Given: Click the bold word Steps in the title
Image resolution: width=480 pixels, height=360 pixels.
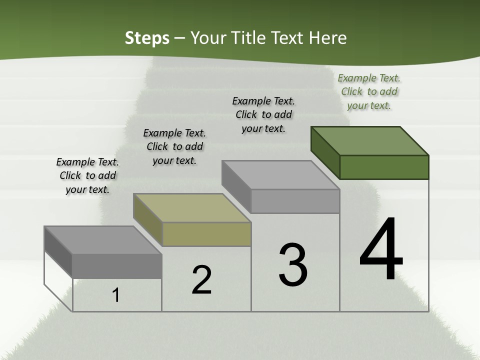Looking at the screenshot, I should [x=147, y=38].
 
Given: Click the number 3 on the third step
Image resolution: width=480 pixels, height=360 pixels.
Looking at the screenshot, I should [x=293, y=265].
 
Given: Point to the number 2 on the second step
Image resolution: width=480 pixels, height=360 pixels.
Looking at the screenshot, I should [x=201, y=280].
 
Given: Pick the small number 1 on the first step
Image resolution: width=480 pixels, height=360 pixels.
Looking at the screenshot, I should [x=116, y=295].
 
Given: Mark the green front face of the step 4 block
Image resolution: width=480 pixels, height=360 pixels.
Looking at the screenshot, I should [x=384, y=167].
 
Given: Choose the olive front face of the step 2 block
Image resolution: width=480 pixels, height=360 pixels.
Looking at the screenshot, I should [x=206, y=234].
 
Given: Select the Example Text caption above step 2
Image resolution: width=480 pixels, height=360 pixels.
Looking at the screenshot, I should [x=174, y=146].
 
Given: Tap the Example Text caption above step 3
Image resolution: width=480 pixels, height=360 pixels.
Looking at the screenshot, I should [x=263, y=114].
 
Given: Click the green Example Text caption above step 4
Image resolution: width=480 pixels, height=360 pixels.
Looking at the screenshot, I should [x=369, y=91].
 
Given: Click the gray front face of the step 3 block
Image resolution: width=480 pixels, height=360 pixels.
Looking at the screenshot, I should [x=295, y=201].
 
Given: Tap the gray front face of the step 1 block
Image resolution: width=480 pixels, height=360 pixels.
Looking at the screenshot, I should [x=117, y=266].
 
